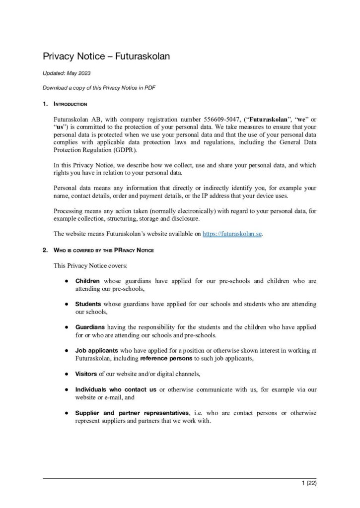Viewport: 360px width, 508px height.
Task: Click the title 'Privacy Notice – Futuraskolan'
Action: [x=106, y=57]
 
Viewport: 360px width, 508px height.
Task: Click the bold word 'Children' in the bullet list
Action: [x=87, y=281]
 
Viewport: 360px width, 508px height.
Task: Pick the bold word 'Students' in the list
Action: [x=88, y=304]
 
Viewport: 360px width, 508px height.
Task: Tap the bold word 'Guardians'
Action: [x=90, y=328]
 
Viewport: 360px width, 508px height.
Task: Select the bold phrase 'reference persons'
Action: [x=166, y=358]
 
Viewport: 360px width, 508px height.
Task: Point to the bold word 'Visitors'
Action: [x=86, y=374]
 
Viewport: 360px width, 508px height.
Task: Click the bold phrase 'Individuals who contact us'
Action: [x=116, y=389]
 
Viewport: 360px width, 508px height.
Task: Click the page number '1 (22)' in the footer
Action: [x=308, y=483]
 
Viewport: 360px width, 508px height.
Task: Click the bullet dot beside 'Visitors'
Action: [x=66, y=374]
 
